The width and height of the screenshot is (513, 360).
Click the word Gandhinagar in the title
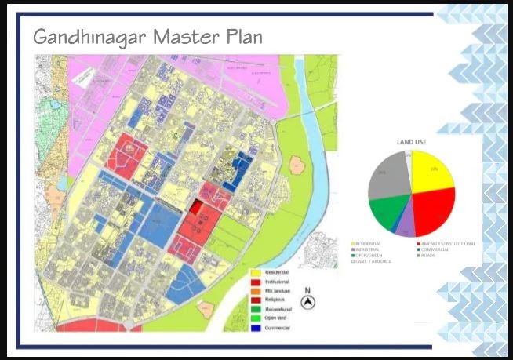tap(82, 37)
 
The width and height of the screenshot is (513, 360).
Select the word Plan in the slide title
tap(238, 37)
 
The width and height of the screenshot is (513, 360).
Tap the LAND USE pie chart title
tap(410, 141)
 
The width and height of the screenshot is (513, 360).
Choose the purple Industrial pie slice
tap(406, 227)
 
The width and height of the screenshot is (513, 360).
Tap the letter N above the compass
tap(308, 290)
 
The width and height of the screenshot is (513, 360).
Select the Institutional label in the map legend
tap(279, 281)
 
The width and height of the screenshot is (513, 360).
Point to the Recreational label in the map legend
tap(280, 309)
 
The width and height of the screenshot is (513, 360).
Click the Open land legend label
tap(277, 318)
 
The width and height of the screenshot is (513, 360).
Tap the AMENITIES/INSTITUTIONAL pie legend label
tap(448, 244)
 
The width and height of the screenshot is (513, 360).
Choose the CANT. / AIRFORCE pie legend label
tap(375, 260)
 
